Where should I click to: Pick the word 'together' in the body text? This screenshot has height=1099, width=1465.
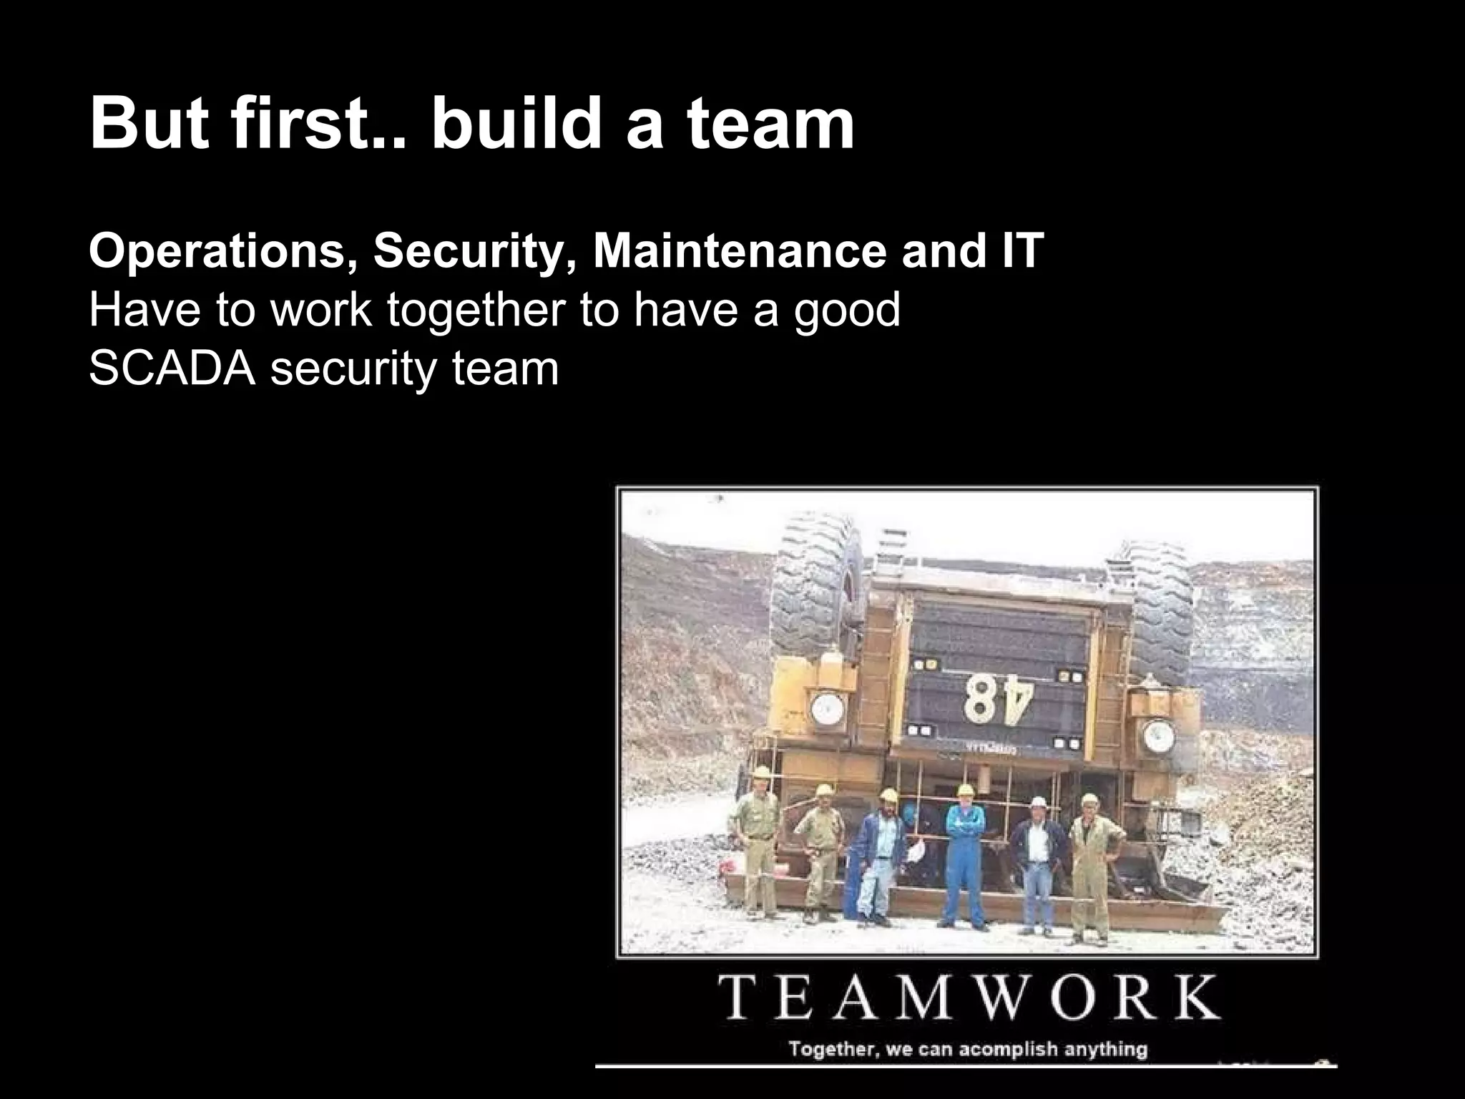[x=477, y=312]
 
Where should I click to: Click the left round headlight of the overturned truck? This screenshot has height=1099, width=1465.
[x=828, y=708]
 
